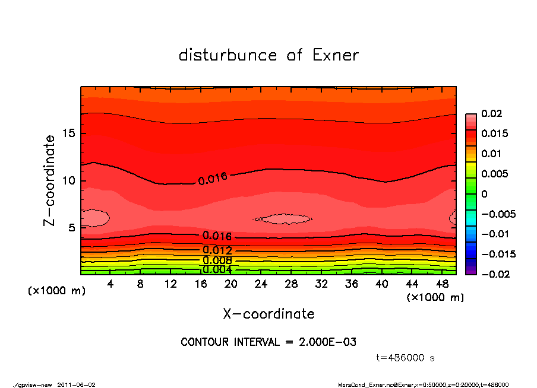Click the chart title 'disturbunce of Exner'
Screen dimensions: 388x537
(x=268, y=55)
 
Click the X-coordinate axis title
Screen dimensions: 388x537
(x=268, y=313)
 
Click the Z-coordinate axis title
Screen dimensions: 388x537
(x=50, y=180)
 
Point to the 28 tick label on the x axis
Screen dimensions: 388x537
(x=291, y=284)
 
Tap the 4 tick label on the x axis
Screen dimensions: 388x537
(x=110, y=284)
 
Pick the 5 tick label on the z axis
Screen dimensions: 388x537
(x=71, y=228)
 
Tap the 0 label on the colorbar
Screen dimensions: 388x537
(x=484, y=194)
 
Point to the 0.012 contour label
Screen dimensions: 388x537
(x=217, y=250)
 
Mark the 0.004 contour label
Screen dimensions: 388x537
(x=217, y=269)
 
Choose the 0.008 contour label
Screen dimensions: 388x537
(x=217, y=260)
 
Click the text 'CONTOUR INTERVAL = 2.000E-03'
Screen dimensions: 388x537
(x=268, y=342)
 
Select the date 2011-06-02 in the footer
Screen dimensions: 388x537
(x=76, y=384)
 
